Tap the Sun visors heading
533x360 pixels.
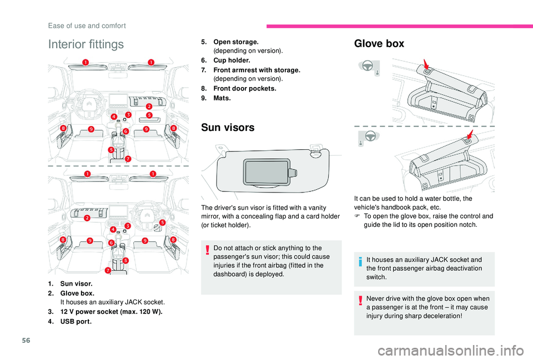(x=228, y=128)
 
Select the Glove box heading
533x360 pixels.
(x=379, y=43)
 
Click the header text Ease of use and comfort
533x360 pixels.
(x=87, y=26)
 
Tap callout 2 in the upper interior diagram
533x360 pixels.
(x=149, y=106)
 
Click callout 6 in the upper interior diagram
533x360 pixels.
(x=126, y=131)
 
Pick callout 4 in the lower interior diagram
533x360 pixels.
(x=113, y=229)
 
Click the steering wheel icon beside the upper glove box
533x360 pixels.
(x=367, y=66)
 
